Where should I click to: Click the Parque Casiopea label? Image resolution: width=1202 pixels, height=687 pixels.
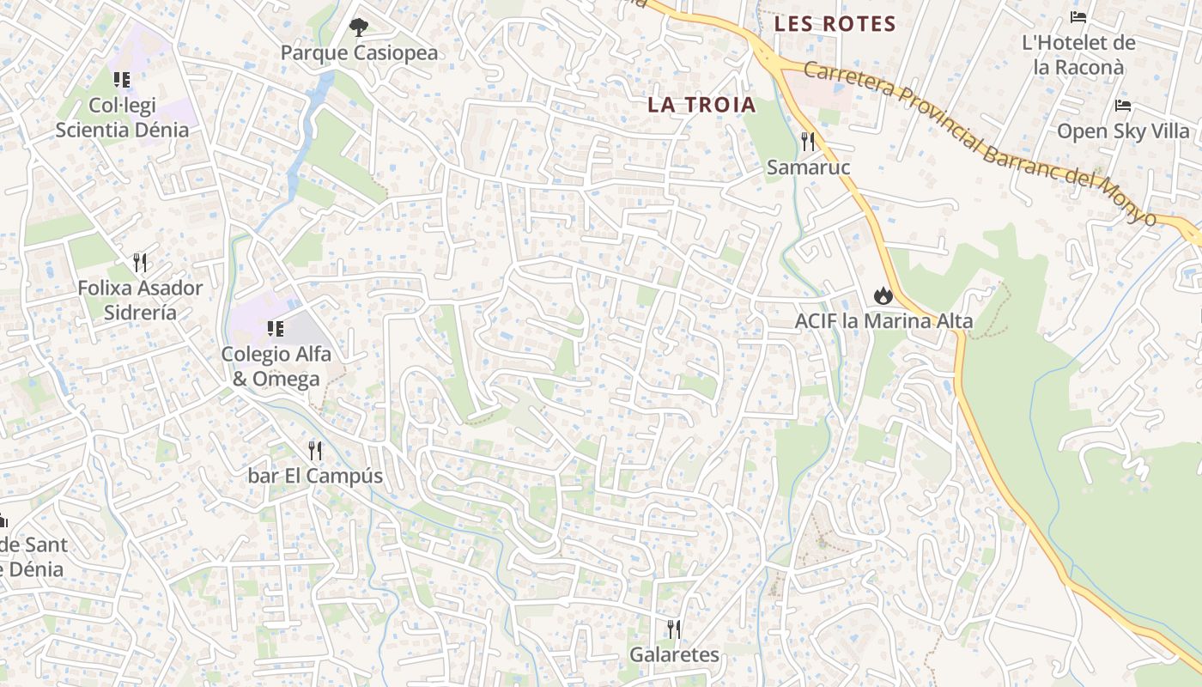(x=359, y=53)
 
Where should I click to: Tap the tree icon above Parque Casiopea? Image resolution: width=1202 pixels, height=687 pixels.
(x=358, y=27)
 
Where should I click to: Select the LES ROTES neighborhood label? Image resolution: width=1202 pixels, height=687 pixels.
(x=835, y=24)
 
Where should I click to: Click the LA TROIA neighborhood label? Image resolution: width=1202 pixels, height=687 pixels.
(x=701, y=105)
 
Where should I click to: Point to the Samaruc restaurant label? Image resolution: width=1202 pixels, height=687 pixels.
(x=808, y=167)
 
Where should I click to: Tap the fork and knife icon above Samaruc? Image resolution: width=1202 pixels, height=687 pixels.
(x=808, y=141)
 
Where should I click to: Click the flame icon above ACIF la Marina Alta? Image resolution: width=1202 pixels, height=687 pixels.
(x=883, y=296)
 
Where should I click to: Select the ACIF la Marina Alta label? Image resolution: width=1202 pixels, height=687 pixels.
(x=883, y=321)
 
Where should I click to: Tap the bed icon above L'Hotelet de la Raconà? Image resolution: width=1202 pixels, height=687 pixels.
(x=1078, y=17)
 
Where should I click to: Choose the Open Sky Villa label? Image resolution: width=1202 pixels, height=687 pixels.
(x=1123, y=131)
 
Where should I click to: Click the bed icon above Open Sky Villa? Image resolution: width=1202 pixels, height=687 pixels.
(x=1123, y=106)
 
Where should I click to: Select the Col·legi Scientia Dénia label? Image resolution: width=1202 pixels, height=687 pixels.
(x=122, y=118)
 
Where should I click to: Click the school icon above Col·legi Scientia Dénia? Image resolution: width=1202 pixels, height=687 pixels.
(x=122, y=80)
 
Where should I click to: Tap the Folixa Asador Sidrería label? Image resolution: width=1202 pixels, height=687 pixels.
(x=140, y=300)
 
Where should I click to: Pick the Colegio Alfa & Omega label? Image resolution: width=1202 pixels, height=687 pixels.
(x=276, y=366)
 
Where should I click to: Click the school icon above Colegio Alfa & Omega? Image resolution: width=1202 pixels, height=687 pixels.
(x=276, y=329)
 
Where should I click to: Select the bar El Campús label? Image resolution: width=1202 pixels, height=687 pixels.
(x=315, y=476)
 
